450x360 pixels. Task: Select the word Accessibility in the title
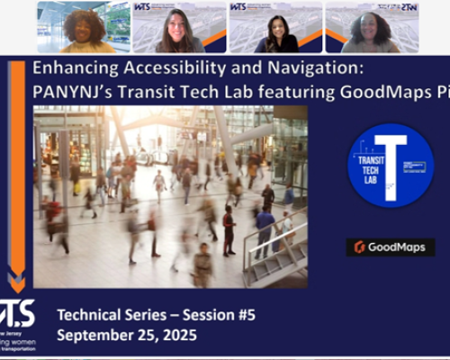click(x=167, y=69)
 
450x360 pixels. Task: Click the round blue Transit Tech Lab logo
click(x=390, y=166)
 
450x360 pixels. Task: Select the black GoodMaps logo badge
click(x=390, y=247)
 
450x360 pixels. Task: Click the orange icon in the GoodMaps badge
click(x=360, y=247)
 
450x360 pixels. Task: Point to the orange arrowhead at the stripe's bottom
click(x=17, y=275)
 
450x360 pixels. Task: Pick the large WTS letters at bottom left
click(x=18, y=311)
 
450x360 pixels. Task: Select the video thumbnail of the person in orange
click(x=84, y=27)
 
